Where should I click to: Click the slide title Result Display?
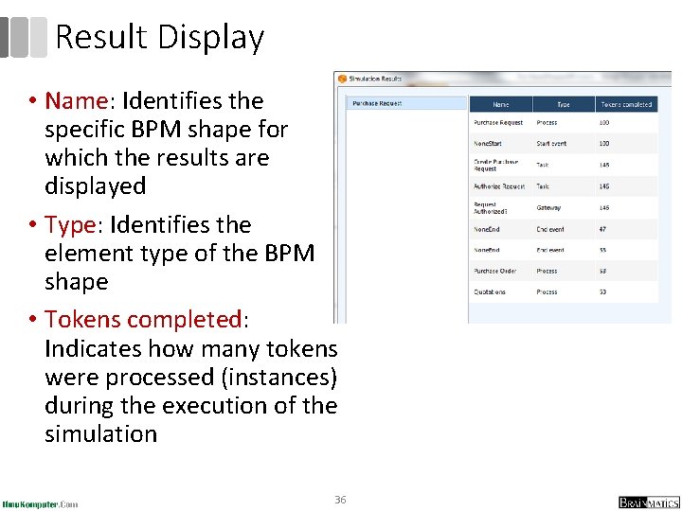[159, 38]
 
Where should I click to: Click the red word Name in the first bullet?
[83, 101]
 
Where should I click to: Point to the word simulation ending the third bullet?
[100, 434]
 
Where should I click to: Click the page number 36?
[341, 499]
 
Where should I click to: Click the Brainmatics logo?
[649, 502]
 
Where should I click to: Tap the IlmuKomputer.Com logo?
[40, 502]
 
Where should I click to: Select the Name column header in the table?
[500, 104]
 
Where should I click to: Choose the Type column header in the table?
[563, 104]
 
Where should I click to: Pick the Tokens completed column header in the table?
[625, 104]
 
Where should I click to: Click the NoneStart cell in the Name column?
[489, 144]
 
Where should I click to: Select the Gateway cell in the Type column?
[548, 207]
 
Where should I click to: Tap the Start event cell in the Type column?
[551, 144]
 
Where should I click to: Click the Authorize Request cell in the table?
[499, 186]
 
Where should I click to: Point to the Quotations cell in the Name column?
[490, 292]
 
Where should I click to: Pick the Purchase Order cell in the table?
[494, 271]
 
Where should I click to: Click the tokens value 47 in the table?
[603, 229]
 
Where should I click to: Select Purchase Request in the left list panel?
[377, 103]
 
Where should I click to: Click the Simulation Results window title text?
[376, 79]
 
